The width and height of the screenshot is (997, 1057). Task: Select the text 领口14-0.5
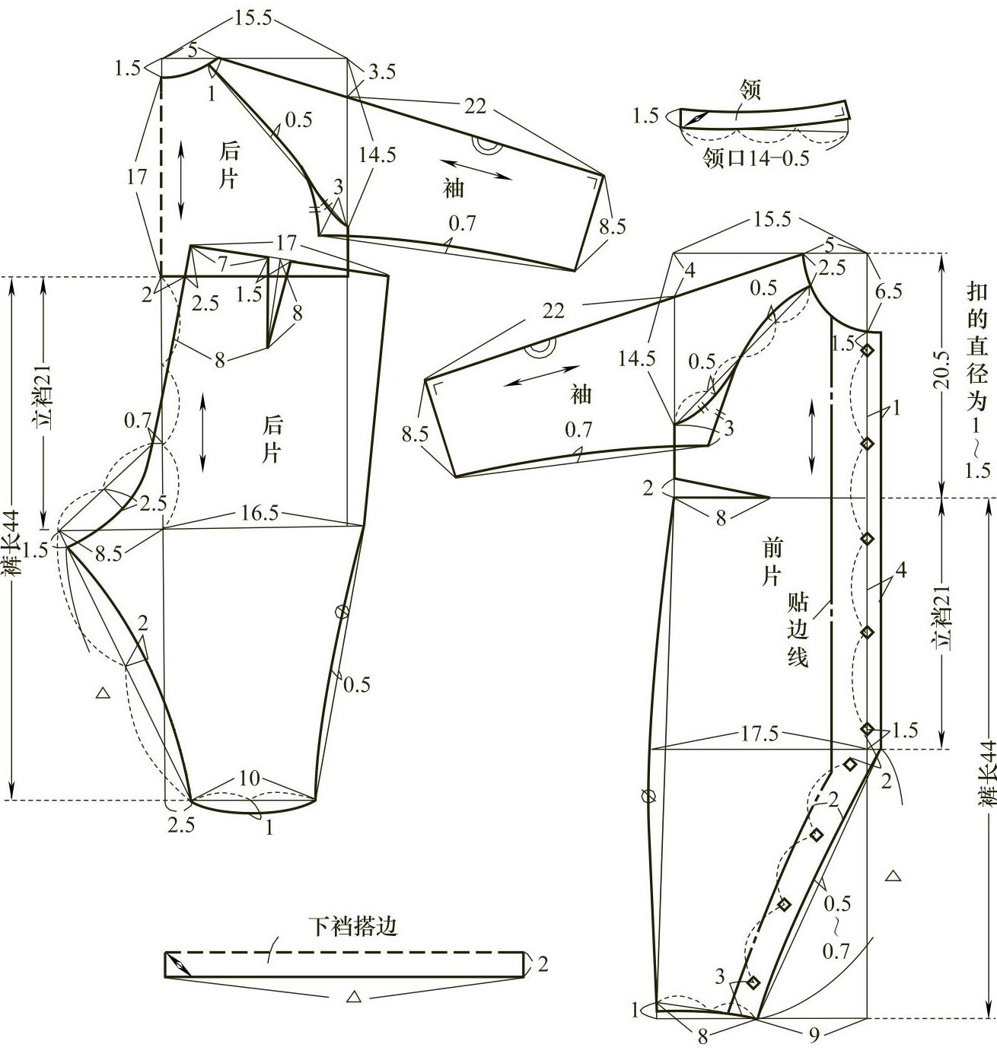(x=755, y=158)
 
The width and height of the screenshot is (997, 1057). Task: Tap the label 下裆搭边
(x=353, y=927)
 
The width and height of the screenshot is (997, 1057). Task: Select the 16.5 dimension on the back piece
(x=259, y=513)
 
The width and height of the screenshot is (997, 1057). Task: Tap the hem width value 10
(x=250, y=778)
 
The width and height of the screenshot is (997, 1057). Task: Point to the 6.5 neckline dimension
(x=889, y=291)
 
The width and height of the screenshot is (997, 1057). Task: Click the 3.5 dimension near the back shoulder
(x=381, y=72)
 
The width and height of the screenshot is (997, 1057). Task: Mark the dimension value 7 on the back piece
(x=222, y=264)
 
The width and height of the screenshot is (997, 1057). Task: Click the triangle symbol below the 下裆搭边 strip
(x=352, y=996)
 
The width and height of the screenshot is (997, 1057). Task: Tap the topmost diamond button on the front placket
(x=867, y=351)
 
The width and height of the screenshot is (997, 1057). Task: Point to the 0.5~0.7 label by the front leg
(x=836, y=926)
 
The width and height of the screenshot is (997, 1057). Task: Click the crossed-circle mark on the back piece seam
(x=342, y=610)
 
